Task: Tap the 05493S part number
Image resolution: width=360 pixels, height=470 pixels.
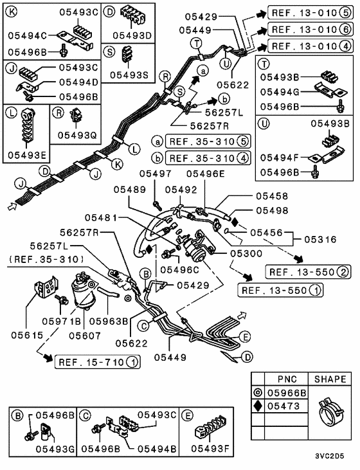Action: [x=134, y=75]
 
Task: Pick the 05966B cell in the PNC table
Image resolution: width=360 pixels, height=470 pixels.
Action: [x=286, y=390]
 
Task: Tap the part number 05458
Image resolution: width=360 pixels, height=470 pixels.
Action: [x=271, y=196]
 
